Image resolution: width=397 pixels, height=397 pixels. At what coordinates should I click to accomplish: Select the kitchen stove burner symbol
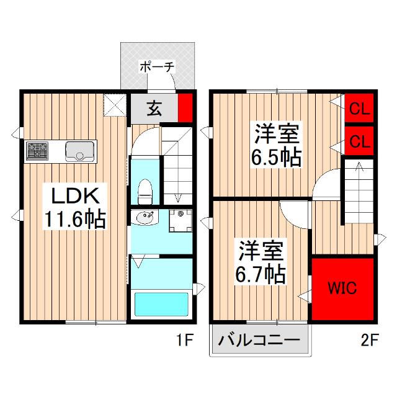38,149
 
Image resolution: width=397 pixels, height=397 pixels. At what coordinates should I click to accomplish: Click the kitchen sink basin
79,149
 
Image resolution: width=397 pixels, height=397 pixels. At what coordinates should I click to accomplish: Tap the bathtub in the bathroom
161,305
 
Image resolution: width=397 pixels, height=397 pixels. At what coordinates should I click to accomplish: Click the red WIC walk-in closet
342,288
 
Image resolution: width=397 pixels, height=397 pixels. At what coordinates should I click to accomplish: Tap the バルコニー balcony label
260,340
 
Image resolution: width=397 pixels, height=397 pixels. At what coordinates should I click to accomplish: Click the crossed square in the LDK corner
115,104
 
